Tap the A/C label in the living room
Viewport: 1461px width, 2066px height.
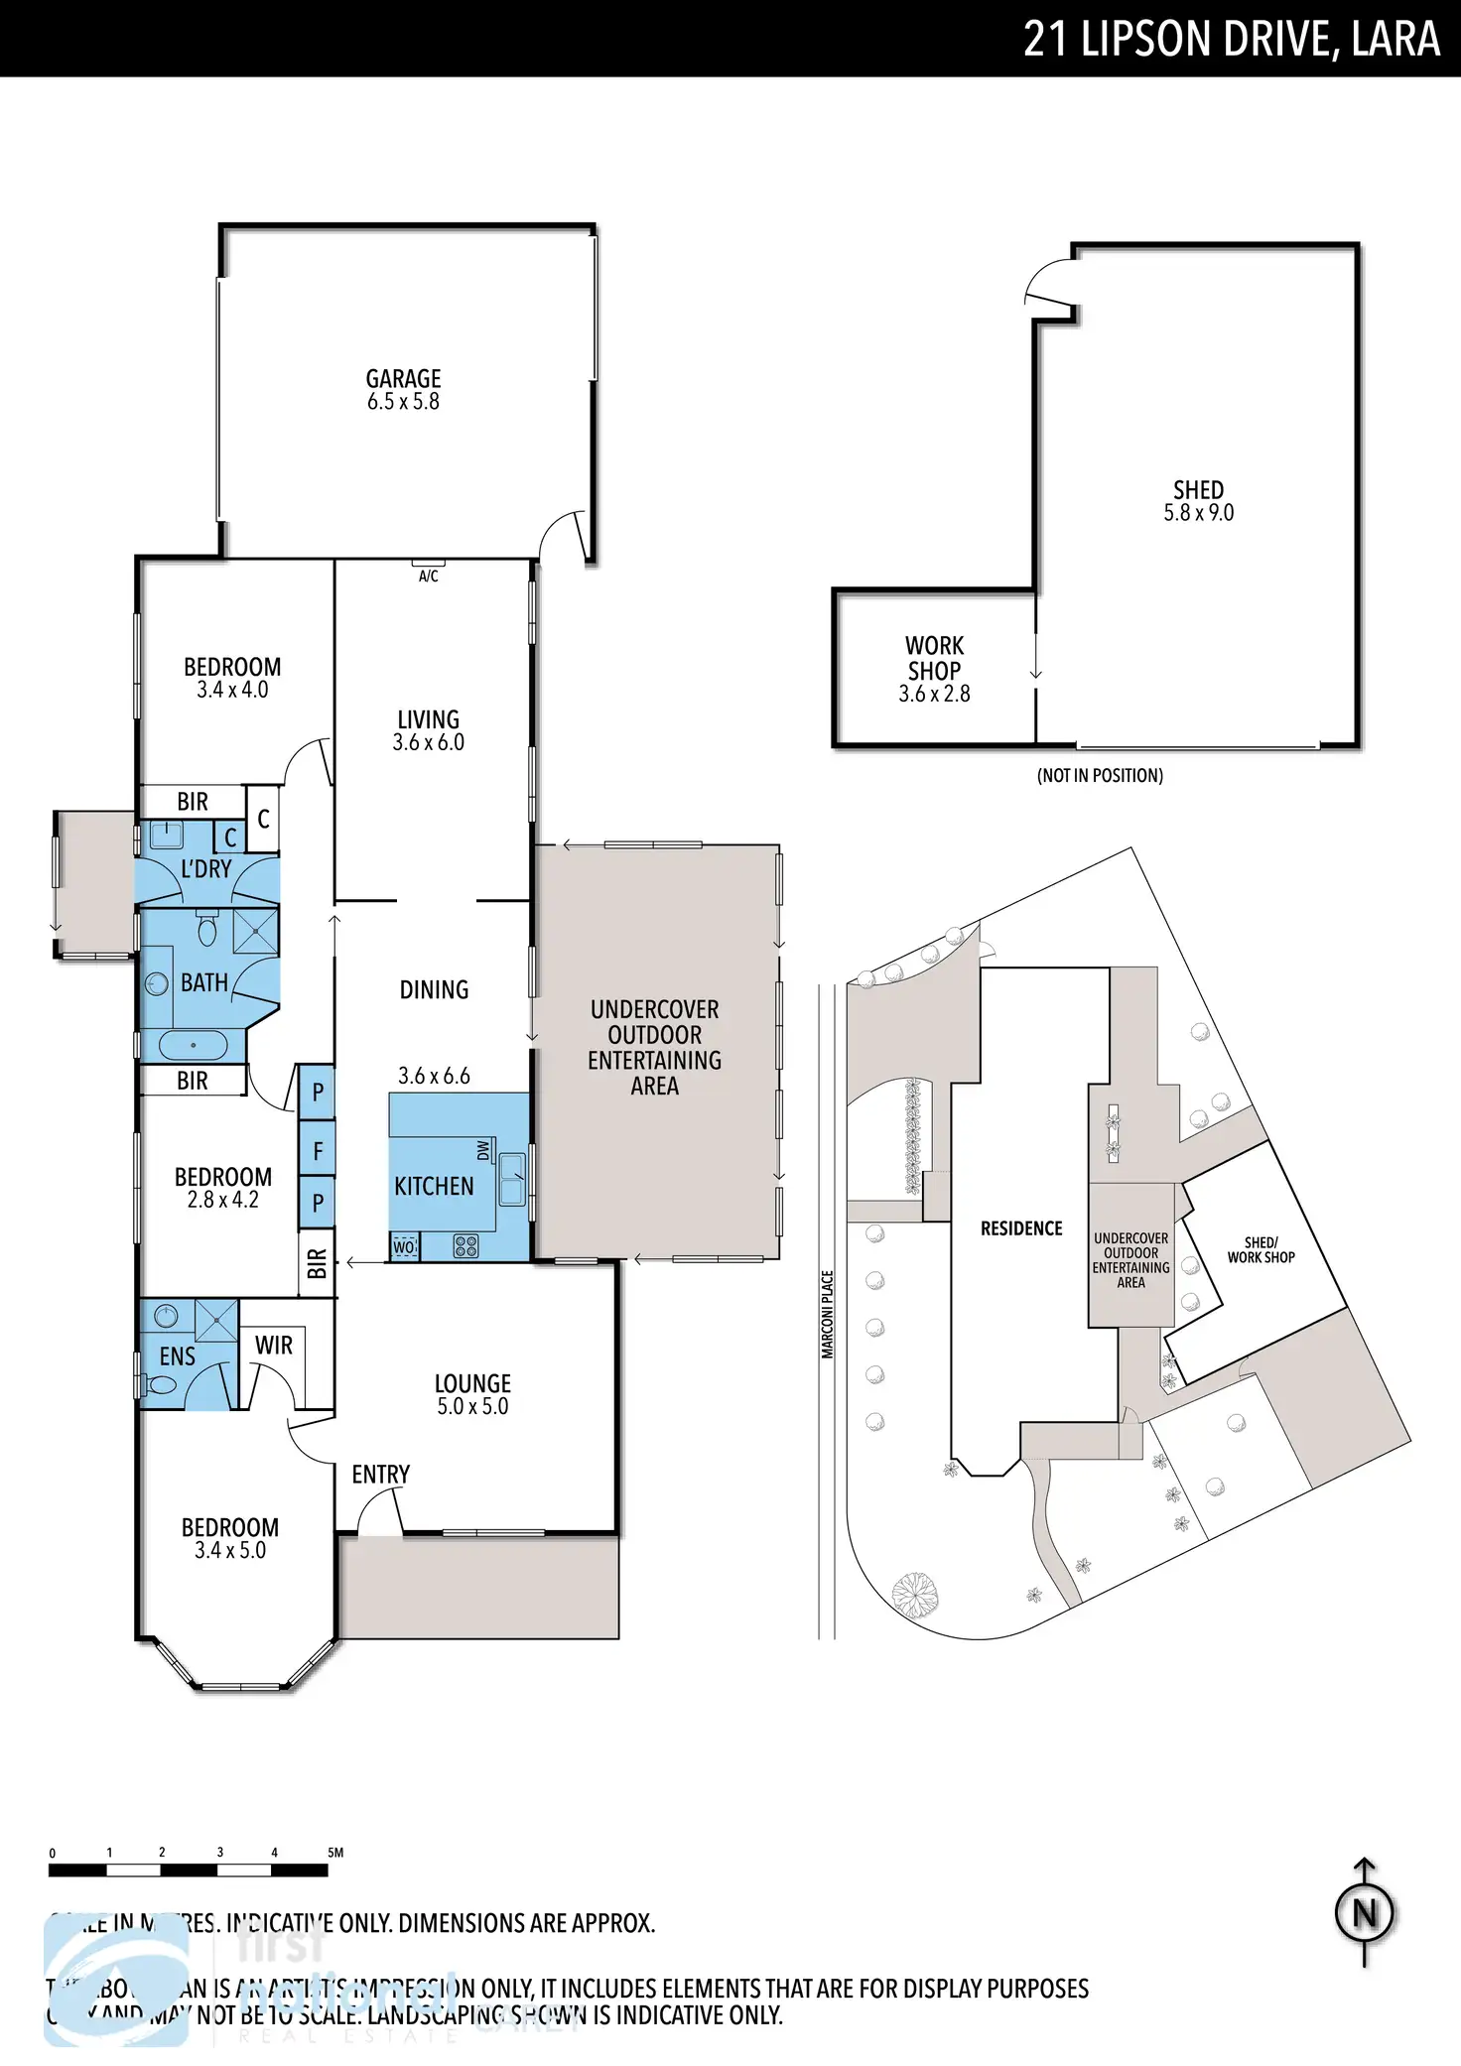tap(428, 576)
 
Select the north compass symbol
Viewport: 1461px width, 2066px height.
tap(1365, 1912)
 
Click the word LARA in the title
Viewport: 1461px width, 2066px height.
tap(1395, 40)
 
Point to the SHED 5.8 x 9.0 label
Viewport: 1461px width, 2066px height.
tap(1198, 501)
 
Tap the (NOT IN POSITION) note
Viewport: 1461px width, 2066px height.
tap(1100, 775)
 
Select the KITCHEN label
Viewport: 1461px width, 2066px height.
tap(434, 1186)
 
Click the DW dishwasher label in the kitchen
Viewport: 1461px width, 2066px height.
tap(483, 1149)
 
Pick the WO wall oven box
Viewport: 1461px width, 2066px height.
tap(404, 1247)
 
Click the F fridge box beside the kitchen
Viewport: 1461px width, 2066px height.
tap(318, 1151)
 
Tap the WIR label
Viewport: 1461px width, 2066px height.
tap(273, 1345)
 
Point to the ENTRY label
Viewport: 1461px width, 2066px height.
tap(380, 1474)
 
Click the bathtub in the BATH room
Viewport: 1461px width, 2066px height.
tap(193, 1045)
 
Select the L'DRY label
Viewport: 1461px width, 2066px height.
tap(205, 868)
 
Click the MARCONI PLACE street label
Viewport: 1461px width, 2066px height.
tap(828, 1314)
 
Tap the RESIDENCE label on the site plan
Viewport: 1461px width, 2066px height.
tap(1021, 1228)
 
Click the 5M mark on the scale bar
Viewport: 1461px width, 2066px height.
tap(334, 1852)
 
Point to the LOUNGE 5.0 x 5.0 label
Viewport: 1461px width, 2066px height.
tap(472, 1393)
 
